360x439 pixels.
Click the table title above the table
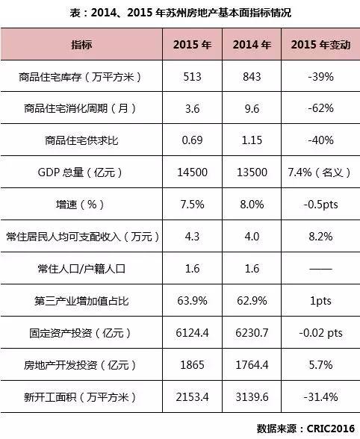tap(179, 13)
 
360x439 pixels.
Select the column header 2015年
tap(193, 46)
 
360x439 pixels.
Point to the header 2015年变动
tap(318, 46)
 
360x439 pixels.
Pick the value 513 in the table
tap(193, 77)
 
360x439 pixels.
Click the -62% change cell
tap(318, 109)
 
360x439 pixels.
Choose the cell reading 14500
tap(193, 172)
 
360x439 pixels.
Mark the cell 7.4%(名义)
tap(318, 172)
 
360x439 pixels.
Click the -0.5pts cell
tap(318, 205)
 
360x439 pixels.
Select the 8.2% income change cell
tap(318, 237)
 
